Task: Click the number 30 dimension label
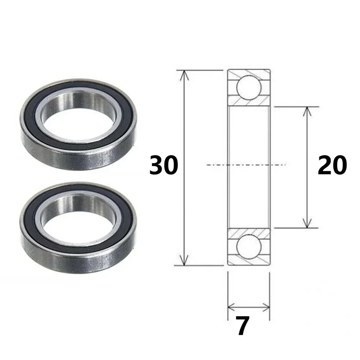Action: tap(164, 165)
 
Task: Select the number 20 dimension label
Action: tap(332, 165)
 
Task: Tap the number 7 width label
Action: tap(243, 326)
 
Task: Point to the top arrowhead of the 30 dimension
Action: tap(184, 74)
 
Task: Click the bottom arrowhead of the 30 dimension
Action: tap(184, 262)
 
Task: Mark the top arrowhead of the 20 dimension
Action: tap(306, 111)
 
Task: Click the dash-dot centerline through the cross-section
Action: tap(216, 165)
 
